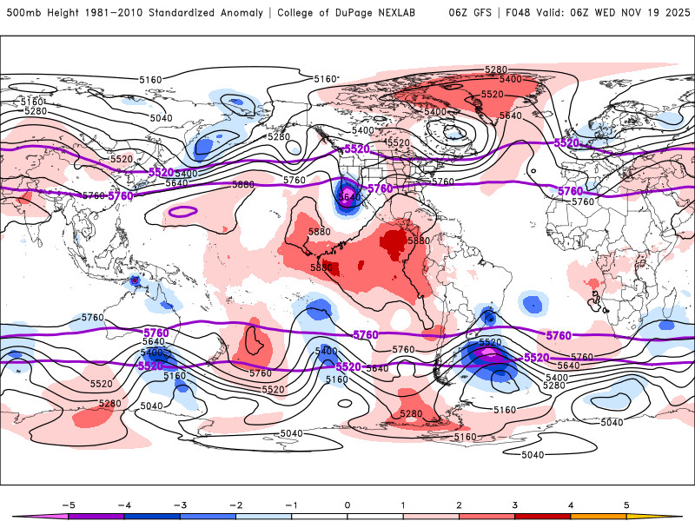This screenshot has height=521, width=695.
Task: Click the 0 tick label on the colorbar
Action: pos(347,504)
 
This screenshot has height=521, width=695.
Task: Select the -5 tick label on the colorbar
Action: pos(66,504)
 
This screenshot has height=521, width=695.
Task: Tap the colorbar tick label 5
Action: pos(626,504)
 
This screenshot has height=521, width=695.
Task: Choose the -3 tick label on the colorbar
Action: pos(178,504)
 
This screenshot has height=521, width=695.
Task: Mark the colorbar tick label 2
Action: pos(459,504)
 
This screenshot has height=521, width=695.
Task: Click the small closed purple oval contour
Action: pos(182,211)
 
